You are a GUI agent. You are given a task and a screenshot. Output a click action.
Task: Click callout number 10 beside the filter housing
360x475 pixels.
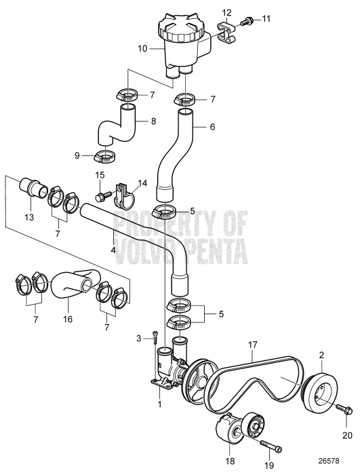pos(142,50)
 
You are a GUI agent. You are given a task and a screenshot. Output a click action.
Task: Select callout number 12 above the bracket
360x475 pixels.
pos(226,12)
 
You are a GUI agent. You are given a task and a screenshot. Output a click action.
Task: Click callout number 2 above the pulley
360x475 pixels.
pos(321,354)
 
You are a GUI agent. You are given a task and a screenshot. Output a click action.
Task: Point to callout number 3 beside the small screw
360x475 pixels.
pos(138,338)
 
